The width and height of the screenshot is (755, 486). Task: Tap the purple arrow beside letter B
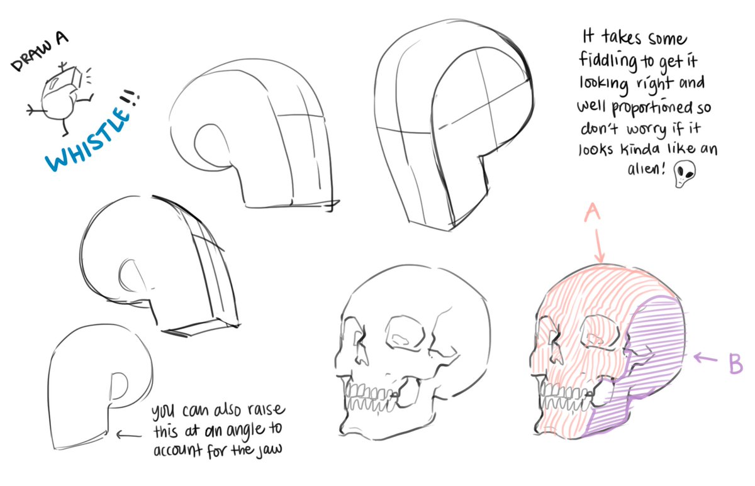click(706, 359)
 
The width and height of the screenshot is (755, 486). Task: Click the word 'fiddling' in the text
click(608, 63)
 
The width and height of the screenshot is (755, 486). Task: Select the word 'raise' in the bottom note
click(265, 414)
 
